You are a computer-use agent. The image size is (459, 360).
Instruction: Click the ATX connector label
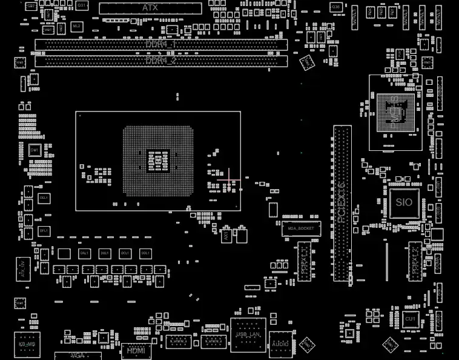[x=150, y=8]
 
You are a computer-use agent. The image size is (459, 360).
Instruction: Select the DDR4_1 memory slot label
[x=160, y=44]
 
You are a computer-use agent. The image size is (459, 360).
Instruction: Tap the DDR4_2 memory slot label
[x=160, y=61]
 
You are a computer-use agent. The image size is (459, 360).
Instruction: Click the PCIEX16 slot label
[x=342, y=203]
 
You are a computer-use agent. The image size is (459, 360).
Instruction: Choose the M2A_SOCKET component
[x=300, y=228]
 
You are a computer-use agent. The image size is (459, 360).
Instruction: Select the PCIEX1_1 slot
[x=304, y=261]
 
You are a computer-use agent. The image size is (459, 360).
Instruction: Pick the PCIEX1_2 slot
[x=415, y=261]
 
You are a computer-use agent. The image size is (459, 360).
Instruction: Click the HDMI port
[x=136, y=350]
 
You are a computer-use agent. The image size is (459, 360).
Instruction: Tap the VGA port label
[x=78, y=355]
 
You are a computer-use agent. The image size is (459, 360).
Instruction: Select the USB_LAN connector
[x=248, y=335]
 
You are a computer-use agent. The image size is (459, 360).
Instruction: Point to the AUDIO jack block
[x=280, y=344]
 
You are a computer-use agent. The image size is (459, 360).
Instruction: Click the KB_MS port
[x=27, y=344]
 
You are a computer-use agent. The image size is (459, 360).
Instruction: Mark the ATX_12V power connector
[x=23, y=268]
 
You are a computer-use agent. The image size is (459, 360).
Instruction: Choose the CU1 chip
[x=410, y=319]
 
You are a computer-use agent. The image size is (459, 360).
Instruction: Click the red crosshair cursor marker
[x=229, y=179]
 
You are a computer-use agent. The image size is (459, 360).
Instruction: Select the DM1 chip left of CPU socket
[x=35, y=150]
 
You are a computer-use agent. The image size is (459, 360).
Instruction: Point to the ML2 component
[x=76, y=26]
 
